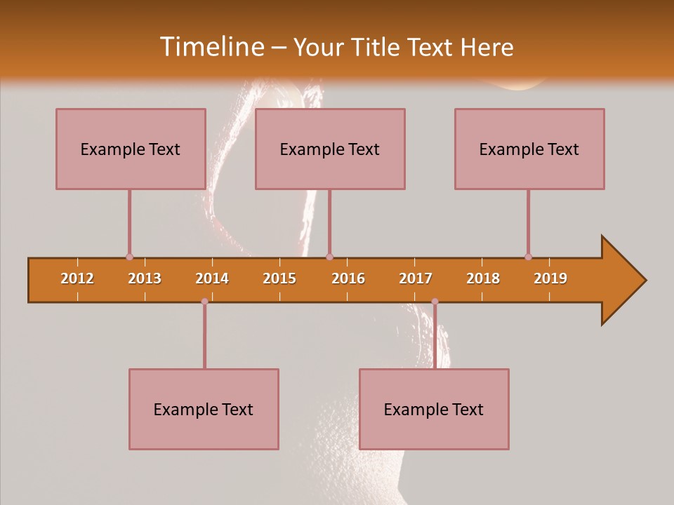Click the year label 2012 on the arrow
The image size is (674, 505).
(x=77, y=278)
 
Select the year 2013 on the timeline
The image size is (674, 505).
(x=145, y=278)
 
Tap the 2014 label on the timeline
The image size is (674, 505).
(x=212, y=278)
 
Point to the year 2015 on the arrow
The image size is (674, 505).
(x=279, y=278)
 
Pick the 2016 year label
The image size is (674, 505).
(x=348, y=278)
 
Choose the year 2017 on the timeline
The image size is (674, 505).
(x=416, y=278)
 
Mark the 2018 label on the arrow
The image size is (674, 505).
(x=483, y=278)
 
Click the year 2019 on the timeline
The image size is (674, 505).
(x=550, y=278)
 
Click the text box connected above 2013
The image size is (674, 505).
(x=131, y=149)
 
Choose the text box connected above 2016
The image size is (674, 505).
(x=330, y=149)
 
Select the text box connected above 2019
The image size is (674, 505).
(x=529, y=149)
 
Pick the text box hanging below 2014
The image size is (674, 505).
(x=204, y=409)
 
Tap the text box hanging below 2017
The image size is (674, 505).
(x=434, y=409)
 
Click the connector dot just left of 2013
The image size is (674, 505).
(x=129, y=257)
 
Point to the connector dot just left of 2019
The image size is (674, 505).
(x=528, y=257)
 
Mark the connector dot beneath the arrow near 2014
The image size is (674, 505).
(x=204, y=302)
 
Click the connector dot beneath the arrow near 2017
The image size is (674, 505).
(x=435, y=302)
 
